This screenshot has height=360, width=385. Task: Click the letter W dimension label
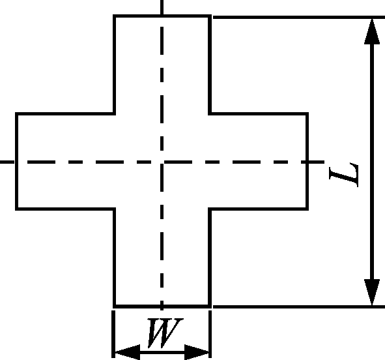tap(165, 333)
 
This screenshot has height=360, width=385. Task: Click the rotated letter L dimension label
tap(344, 175)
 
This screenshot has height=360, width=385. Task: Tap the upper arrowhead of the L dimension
tap(372, 31)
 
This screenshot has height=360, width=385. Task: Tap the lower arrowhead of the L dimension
tap(372, 292)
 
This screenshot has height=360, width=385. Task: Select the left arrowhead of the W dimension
tap(127, 352)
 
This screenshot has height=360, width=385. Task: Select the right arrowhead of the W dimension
tap(197, 352)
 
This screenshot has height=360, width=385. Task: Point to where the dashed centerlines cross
tap(162, 162)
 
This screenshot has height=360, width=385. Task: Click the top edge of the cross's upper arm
tap(162, 16)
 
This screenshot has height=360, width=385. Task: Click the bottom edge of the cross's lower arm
tap(162, 307)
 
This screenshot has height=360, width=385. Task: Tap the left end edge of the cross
tap(16, 162)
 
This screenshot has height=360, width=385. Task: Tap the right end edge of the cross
tap(307, 162)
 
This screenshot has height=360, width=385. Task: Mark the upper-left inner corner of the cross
tap(115, 113)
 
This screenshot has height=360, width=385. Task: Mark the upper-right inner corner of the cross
tap(210, 113)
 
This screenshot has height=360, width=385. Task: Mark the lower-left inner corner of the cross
tap(115, 209)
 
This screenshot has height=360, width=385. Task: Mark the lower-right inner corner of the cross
tap(210, 209)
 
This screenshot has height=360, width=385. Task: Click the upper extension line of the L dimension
tap(299, 17)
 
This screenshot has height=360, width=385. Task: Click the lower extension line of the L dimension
tap(299, 307)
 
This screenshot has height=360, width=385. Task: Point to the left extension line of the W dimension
tap(113, 334)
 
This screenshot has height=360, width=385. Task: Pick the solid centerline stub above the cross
tap(162, 7)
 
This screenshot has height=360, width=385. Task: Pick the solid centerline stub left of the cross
tap(7, 162)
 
